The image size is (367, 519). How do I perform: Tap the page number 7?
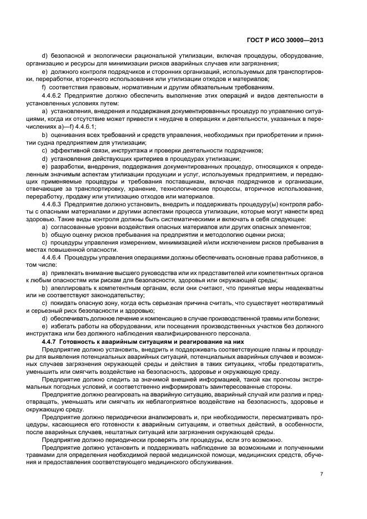click(321, 474)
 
